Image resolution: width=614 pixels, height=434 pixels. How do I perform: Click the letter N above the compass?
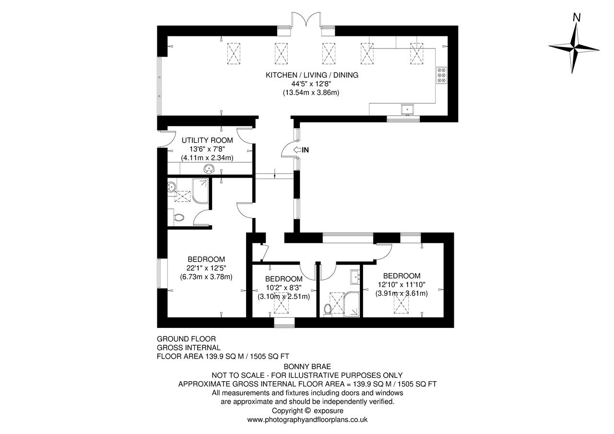click(577, 18)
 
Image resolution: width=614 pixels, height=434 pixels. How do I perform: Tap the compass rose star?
click(574, 49)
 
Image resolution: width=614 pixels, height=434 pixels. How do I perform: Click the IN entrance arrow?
click(297, 150)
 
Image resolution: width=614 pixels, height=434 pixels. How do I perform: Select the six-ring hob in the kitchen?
click(442, 75)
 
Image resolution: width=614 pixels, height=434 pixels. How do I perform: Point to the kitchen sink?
click(408, 109)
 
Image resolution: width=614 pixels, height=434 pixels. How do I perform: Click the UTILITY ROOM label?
click(207, 141)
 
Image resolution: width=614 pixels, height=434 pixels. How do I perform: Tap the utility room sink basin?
click(209, 169)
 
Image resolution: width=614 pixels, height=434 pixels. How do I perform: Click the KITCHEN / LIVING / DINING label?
click(312, 75)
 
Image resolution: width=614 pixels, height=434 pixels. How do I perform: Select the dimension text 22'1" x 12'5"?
click(207, 268)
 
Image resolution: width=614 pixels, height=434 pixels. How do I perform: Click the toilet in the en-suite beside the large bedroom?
click(179, 218)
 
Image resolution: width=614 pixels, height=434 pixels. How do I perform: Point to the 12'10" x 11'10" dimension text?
click(401, 285)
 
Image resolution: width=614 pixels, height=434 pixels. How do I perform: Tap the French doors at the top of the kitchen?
click(306, 20)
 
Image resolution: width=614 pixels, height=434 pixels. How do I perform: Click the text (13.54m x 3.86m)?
click(311, 93)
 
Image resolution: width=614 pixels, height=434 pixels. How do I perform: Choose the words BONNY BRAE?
click(307, 366)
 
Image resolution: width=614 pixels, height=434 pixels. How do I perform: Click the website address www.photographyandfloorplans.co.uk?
click(307, 420)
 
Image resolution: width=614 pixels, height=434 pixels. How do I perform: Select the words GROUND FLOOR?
click(187, 339)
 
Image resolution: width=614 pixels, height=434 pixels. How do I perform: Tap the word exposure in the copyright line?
click(329, 411)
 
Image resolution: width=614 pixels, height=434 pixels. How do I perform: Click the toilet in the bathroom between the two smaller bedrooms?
click(327, 310)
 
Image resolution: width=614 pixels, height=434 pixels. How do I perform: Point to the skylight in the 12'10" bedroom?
click(401, 302)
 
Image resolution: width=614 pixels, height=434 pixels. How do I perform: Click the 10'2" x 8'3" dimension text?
click(283, 288)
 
